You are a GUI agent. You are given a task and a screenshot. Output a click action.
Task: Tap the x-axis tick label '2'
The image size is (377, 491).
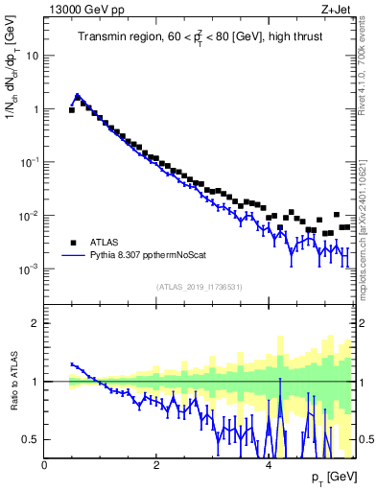pyautogui.click(x=155, y=464)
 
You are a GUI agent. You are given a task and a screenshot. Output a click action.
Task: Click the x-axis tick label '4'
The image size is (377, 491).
pyautogui.click(x=267, y=464)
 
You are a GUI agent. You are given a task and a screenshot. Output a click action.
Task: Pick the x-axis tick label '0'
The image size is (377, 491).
pyautogui.click(x=44, y=464)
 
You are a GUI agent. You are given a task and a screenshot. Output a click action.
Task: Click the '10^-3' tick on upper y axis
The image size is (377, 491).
pyautogui.click(x=28, y=269)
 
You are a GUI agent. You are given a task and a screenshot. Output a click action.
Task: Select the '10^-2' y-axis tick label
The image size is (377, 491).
pyautogui.click(x=28, y=216)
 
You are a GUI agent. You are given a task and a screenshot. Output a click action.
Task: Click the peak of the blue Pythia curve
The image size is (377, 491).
pyautogui.click(x=78, y=96)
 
